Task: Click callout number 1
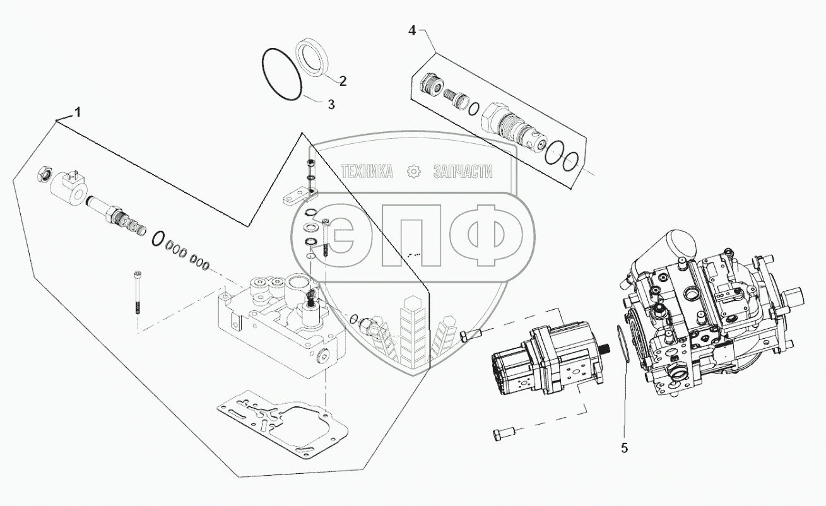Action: [78, 113]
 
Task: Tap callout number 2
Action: [343, 81]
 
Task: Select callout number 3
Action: [331, 105]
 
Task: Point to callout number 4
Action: [411, 30]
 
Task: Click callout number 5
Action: [624, 448]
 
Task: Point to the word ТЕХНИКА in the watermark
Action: [367, 171]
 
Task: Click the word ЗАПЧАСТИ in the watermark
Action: [463, 171]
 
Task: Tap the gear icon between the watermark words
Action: [414, 171]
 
